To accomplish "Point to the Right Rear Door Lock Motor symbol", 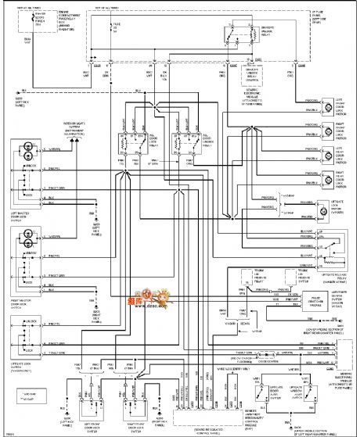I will pyautogui.click(x=324, y=181).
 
